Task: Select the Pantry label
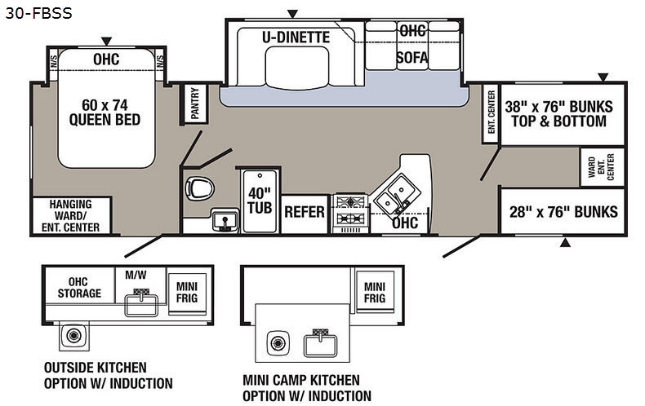tap(194, 105)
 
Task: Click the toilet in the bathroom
tap(197, 188)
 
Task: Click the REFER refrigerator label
tap(305, 213)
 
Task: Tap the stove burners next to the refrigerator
tap(350, 210)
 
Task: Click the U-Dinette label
tap(296, 37)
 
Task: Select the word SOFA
tap(412, 57)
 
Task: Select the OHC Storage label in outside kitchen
tap(79, 288)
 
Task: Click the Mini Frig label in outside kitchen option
tap(186, 291)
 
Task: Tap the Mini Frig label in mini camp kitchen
tap(374, 292)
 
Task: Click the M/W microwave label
tap(135, 275)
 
